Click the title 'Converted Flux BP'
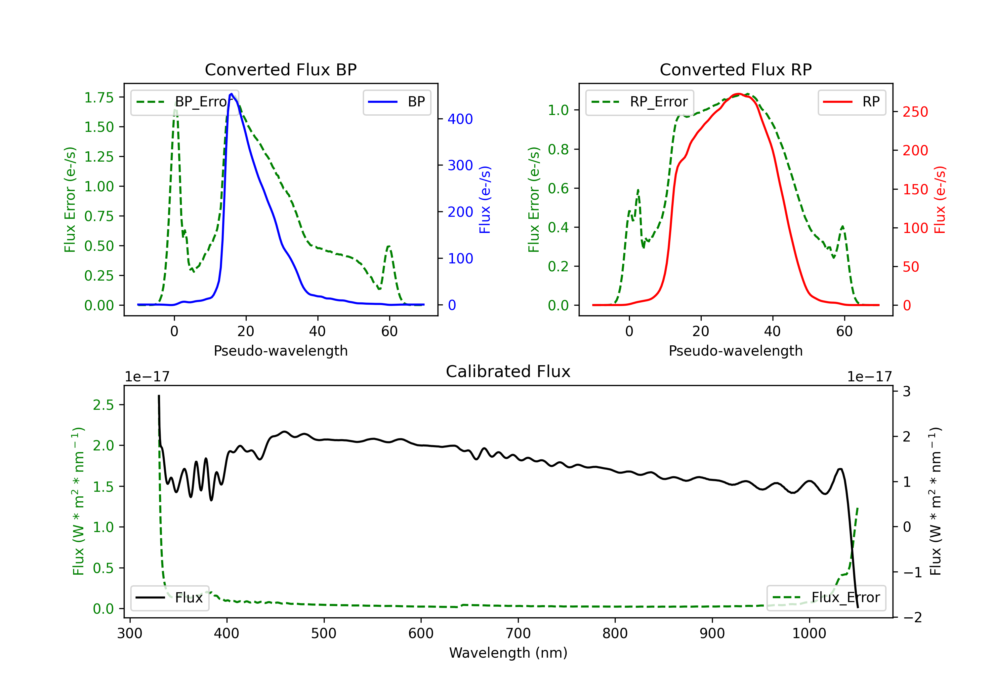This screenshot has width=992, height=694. (280, 69)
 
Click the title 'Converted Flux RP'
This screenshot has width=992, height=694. (735, 69)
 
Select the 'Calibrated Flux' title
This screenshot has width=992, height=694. (508, 371)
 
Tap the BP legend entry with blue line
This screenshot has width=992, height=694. (396, 102)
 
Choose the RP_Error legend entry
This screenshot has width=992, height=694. (640, 102)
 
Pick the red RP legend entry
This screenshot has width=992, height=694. (851, 102)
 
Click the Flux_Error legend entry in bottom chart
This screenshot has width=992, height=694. (826, 598)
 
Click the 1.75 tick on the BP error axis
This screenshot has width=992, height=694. (99, 97)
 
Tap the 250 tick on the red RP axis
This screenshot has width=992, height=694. (915, 112)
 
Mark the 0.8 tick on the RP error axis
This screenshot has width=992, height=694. (558, 149)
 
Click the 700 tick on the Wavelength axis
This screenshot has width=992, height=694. (518, 634)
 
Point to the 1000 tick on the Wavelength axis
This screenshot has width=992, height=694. (809, 634)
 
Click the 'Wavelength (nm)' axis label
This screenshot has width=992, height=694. (508, 653)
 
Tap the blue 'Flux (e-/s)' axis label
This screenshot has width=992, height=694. (485, 200)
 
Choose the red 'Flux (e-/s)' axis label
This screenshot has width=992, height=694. (940, 200)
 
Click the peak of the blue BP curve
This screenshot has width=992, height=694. (231, 94)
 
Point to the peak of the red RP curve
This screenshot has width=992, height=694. (738, 94)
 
